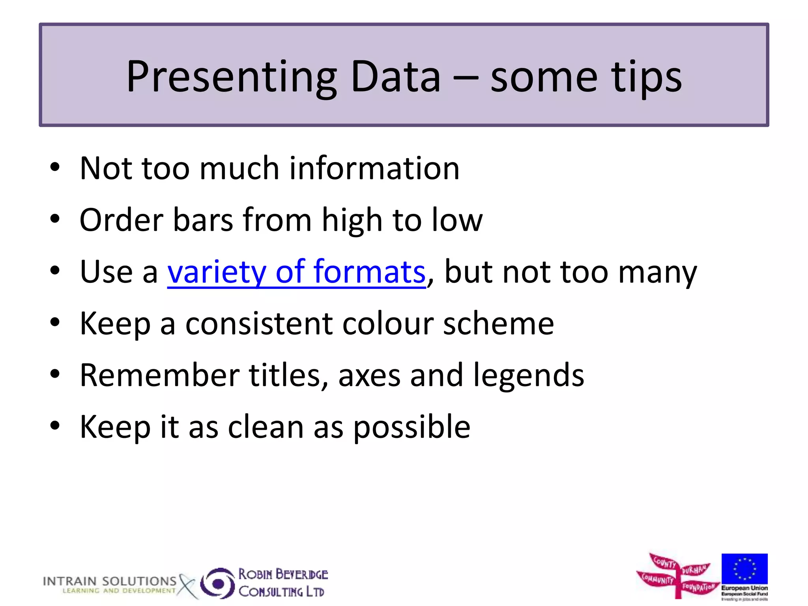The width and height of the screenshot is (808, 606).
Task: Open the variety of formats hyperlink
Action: (x=296, y=272)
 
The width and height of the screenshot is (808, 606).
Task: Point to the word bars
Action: (x=203, y=220)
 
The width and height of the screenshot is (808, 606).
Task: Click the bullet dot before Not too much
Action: (x=55, y=167)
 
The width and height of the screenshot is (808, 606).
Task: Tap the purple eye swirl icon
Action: (x=217, y=583)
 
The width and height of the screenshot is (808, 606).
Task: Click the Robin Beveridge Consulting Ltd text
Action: (x=282, y=583)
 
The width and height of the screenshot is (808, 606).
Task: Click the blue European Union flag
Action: (x=744, y=569)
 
